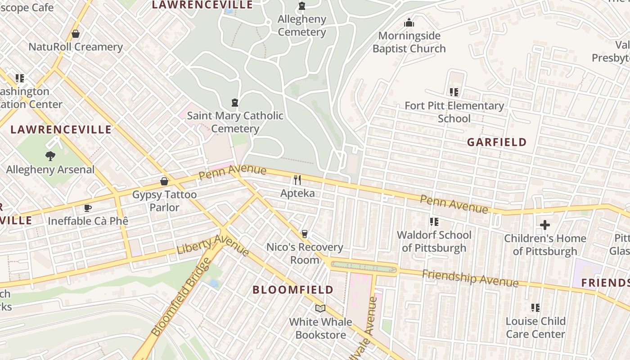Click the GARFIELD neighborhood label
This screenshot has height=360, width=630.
(496, 142)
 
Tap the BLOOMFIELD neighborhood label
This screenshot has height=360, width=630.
(293, 289)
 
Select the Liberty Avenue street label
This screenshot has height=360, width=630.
(213, 245)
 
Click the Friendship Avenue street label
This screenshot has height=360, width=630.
(470, 278)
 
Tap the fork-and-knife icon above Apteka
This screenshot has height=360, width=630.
(297, 180)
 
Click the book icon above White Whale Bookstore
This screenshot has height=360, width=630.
(320, 308)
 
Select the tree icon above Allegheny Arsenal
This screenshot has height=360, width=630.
(50, 156)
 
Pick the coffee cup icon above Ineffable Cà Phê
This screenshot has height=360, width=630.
(88, 208)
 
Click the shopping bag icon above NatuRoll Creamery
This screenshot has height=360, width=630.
(76, 34)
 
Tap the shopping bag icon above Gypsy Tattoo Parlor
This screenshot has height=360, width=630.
(164, 181)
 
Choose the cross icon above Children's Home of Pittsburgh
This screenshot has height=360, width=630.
(545, 225)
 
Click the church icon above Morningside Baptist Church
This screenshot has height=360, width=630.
(409, 22)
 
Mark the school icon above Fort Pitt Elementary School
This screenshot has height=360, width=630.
(454, 92)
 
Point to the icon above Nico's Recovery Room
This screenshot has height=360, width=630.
(305, 234)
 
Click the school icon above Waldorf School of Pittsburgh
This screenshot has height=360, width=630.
(434, 221)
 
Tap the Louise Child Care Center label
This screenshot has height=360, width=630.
(535, 328)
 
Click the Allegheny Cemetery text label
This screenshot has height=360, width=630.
(301, 26)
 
